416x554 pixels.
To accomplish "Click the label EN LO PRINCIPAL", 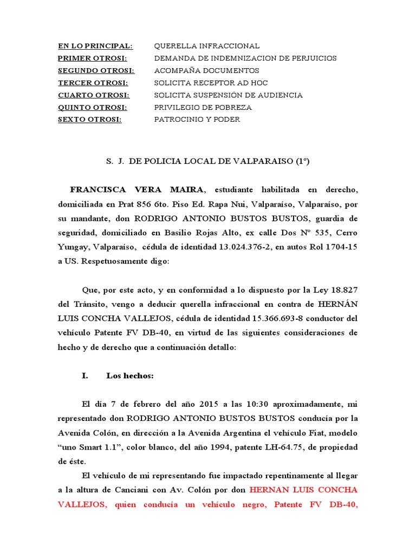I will (95, 46).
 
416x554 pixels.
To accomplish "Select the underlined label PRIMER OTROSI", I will (92, 58).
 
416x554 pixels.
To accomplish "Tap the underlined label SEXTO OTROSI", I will (90, 120).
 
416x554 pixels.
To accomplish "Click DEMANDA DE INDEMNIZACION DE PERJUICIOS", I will (245, 58).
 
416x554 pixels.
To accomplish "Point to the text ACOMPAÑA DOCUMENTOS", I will (206, 71).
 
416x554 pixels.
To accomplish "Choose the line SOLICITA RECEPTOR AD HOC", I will (211, 83).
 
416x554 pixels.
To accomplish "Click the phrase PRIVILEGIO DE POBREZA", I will (203, 107).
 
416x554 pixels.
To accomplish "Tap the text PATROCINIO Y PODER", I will (197, 120).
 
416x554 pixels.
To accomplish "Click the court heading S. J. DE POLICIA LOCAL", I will (208, 161).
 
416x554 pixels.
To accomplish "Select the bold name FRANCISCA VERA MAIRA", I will (137, 189).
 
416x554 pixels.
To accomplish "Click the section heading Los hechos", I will (130, 376).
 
